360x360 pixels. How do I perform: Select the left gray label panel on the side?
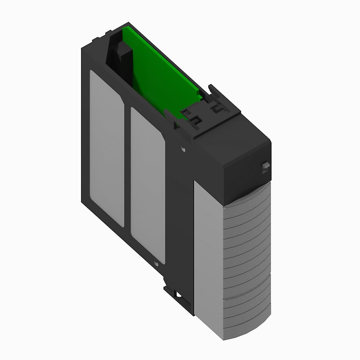pos(107,148)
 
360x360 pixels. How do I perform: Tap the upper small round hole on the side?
pos(183,148)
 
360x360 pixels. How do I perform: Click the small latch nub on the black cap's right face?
pos(266,167)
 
